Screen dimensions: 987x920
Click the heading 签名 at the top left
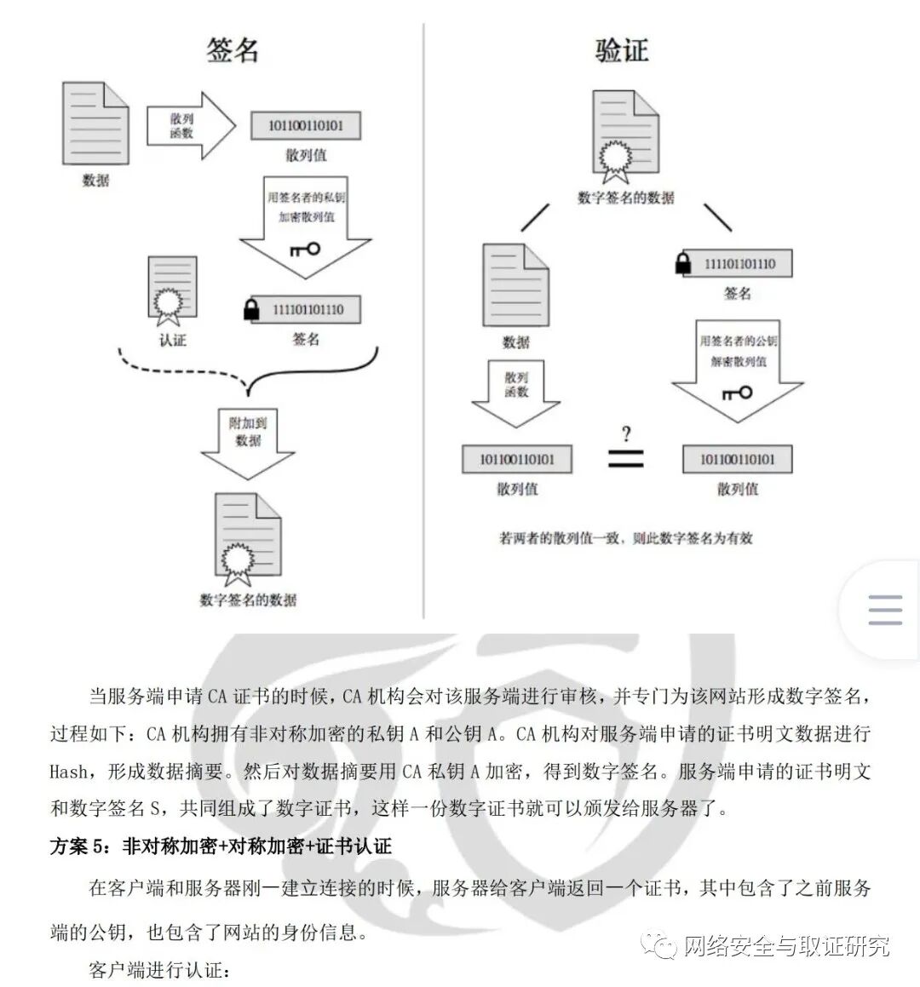click(232, 49)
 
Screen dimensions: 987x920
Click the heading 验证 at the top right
click(622, 49)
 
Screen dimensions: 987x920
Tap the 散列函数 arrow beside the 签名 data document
click(189, 126)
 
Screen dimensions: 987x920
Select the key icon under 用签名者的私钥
click(304, 250)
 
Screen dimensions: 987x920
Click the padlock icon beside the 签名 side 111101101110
click(250, 309)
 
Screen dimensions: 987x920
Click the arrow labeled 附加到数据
click(248, 439)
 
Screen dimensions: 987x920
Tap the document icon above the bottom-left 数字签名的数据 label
click(248, 535)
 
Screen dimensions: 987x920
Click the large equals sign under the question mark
click(626, 459)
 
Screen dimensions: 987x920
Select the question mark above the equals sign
click(626, 434)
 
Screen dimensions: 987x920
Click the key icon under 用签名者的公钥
click(737, 393)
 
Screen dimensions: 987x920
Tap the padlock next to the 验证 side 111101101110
click(682, 263)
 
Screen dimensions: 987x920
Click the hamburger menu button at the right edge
click(884, 610)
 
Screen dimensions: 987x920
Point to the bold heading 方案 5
click(221, 846)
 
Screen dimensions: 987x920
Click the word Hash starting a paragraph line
click(68, 772)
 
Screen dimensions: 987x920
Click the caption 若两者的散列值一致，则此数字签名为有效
click(626, 538)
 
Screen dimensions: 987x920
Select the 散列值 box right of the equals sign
click(737, 460)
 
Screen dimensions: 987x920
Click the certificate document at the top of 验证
click(626, 136)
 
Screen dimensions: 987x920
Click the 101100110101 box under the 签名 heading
click(306, 126)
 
